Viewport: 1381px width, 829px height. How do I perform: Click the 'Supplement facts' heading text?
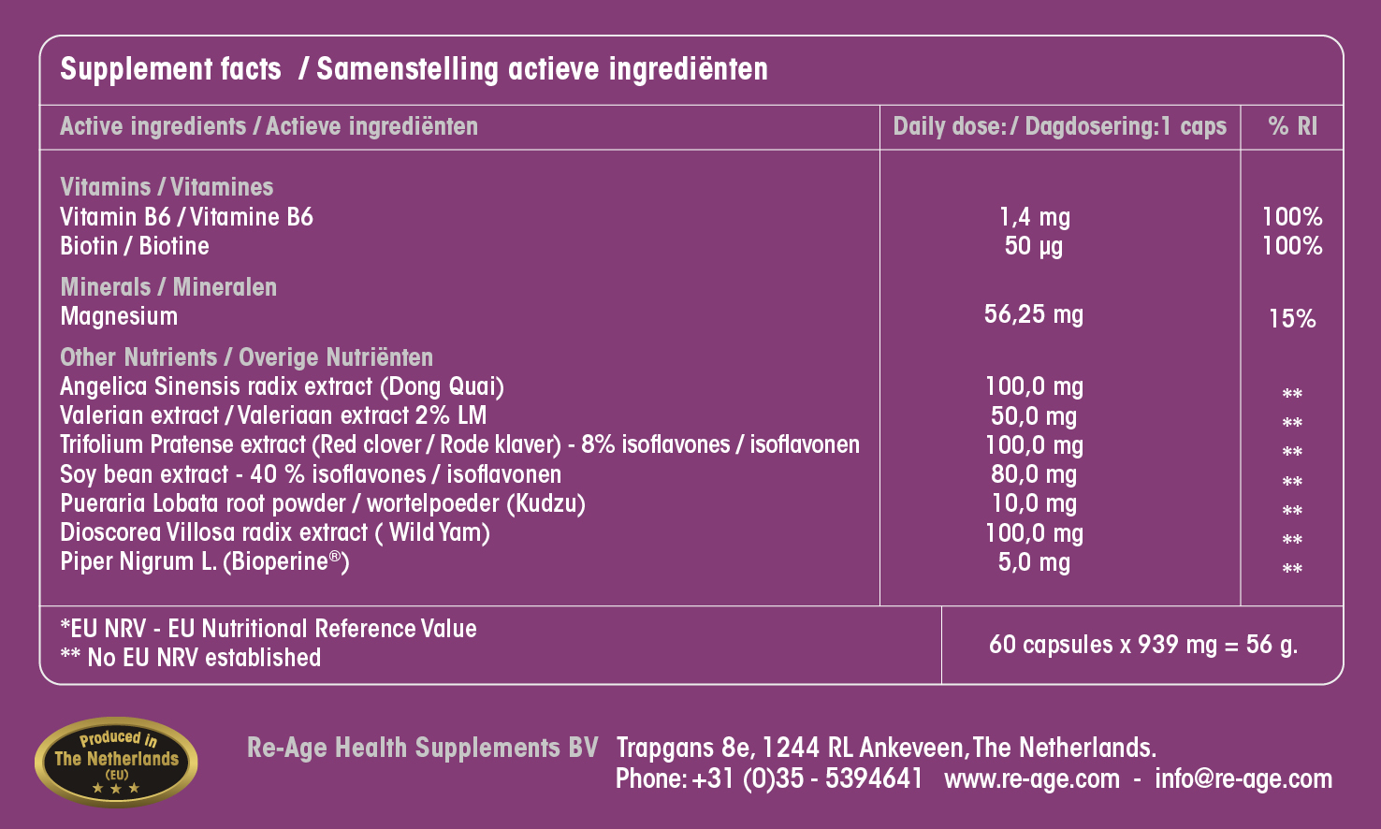170,69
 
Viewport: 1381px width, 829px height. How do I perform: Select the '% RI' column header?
1292,126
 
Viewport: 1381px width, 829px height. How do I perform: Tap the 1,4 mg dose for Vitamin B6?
1034,217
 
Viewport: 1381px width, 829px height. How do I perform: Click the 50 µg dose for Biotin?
1034,246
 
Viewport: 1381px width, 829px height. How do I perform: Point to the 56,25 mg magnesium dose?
1034,314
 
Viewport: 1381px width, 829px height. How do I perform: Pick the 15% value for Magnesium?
1292,319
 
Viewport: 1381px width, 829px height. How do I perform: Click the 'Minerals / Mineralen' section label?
168,287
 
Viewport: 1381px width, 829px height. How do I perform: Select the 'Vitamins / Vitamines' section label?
167,187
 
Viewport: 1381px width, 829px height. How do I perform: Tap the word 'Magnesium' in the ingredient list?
119,316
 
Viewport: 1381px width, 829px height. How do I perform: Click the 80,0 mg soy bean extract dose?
1034,474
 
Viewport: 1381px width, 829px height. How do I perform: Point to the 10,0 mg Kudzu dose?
1034,503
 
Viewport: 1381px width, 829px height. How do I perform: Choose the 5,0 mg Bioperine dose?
1034,562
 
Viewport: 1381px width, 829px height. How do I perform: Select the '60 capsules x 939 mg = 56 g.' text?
1142,645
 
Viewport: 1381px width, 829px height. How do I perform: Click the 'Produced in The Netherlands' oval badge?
116,761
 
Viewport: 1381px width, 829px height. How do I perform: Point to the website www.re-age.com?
1031,778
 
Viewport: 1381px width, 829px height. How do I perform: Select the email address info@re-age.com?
1243,778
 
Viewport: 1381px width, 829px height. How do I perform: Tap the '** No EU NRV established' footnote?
190,658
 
